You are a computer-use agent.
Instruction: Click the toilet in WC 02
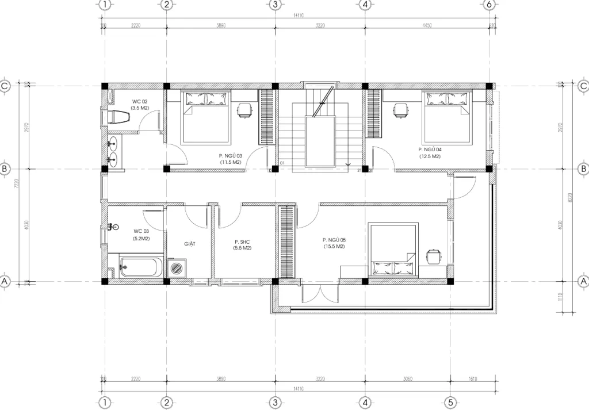pyautogui.click(x=120, y=117)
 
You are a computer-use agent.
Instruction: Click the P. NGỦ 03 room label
pyautogui.click(x=231, y=159)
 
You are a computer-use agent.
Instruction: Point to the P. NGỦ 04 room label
pyautogui.click(x=430, y=152)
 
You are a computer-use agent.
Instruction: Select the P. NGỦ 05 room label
pyautogui.click(x=334, y=243)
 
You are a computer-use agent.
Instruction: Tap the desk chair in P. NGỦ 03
pyautogui.click(x=244, y=109)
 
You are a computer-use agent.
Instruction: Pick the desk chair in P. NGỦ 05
pyautogui.click(x=433, y=255)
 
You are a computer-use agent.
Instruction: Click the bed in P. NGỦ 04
pyautogui.click(x=446, y=118)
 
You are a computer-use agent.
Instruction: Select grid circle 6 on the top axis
pyautogui.click(x=489, y=5)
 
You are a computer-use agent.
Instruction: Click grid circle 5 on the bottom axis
pyautogui.click(x=452, y=402)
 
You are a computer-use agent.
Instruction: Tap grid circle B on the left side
pyautogui.click(x=5, y=169)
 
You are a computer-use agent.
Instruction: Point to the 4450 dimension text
pyautogui.click(x=426, y=26)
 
